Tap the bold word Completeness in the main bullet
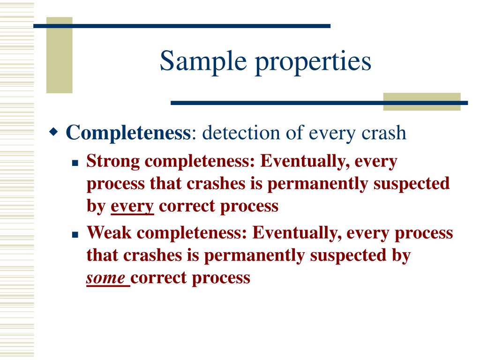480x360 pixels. coord(128,133)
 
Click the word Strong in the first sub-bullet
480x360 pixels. coord(113,162)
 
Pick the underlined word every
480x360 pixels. coord(132,207)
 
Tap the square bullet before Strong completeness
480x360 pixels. coord(74,164)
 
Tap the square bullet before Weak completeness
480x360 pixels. coord(74,234)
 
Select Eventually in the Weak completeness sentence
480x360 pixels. coord(296,233)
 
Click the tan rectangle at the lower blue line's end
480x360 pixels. coord(421,102)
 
